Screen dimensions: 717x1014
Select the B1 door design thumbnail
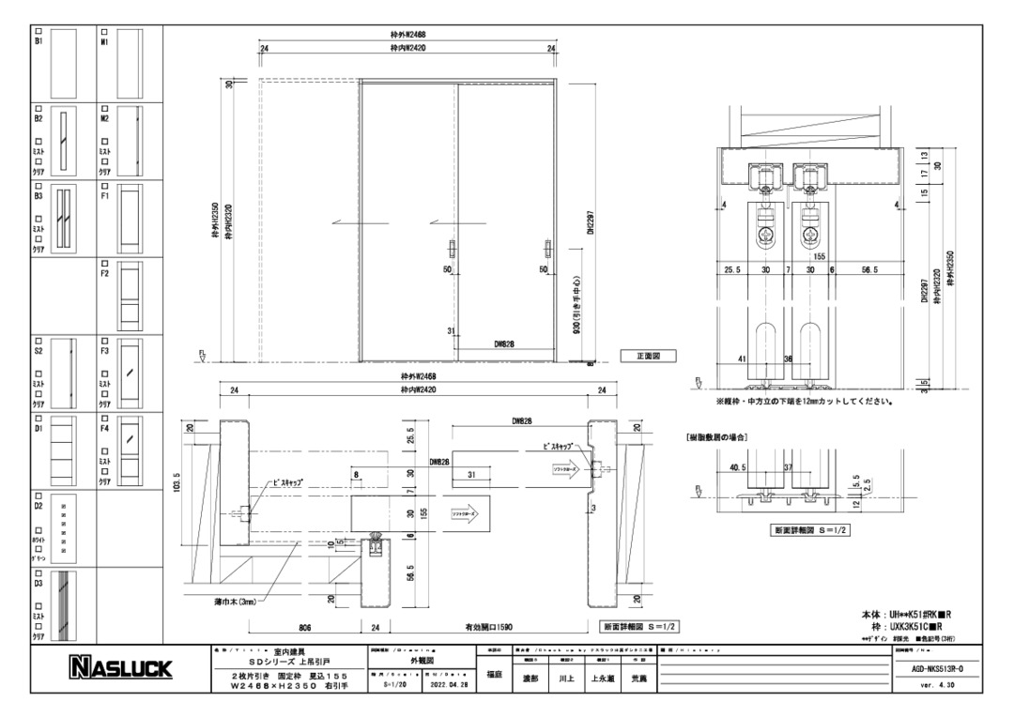[62, 63]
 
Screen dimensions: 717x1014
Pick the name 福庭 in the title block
[495, 673]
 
